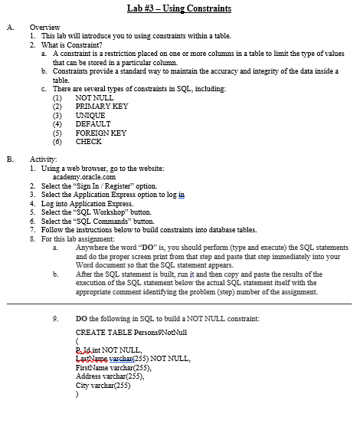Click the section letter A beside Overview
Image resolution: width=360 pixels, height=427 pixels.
tap(9, 27)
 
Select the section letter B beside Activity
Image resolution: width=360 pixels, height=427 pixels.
tap(9, 159)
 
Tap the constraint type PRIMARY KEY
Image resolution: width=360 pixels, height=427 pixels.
tap(102, 107)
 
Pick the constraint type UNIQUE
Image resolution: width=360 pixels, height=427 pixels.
tap(90, 115)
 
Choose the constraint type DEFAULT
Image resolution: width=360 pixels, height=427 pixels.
tap(93, 124)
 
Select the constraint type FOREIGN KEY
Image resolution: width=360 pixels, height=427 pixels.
tap(100, 133)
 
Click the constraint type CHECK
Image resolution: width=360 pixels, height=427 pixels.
tap(89, 142)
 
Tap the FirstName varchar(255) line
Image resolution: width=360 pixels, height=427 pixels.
tap(112, 368)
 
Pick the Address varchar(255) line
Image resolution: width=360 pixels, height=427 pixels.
tap(108, 376)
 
